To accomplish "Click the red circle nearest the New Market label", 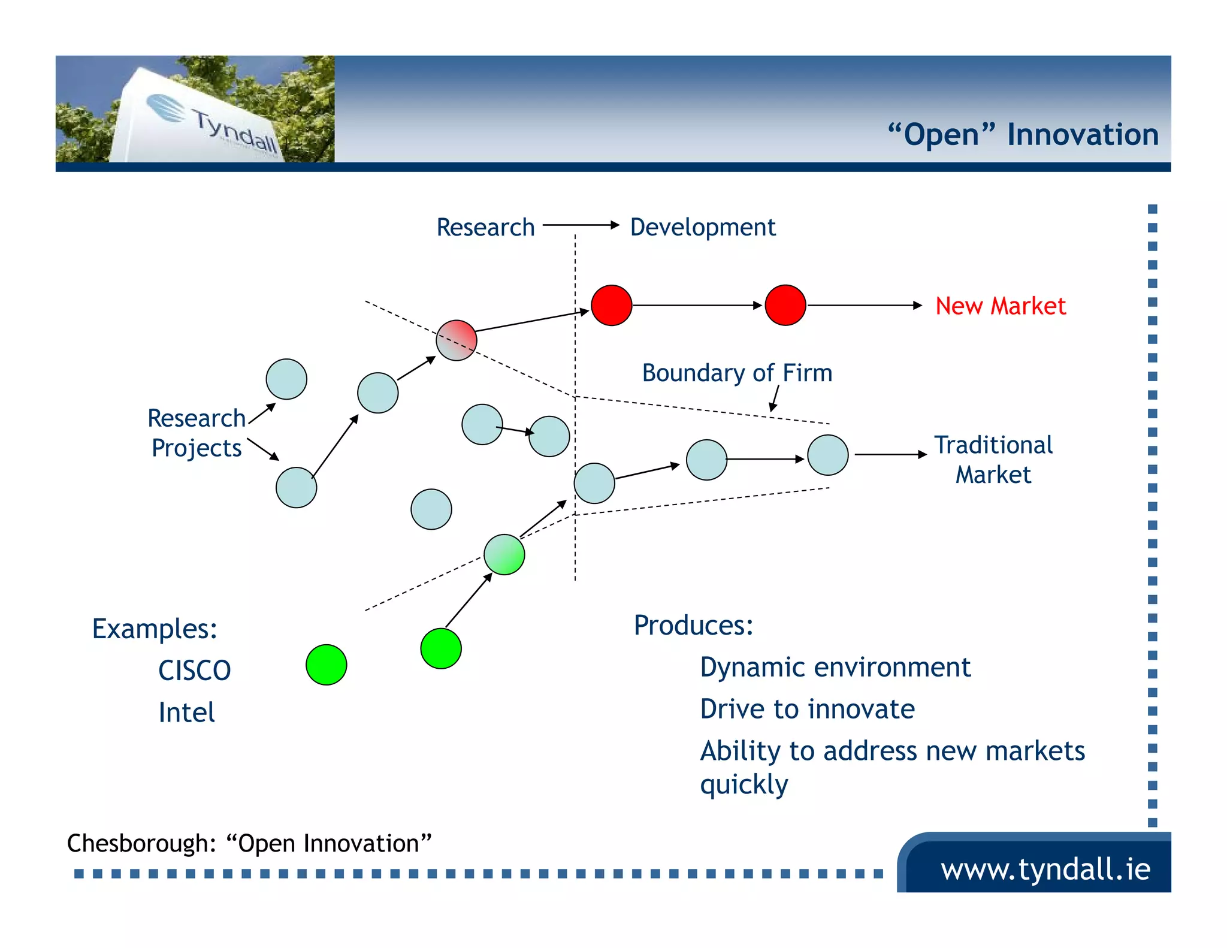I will pyautogui.click(x=785, y=305).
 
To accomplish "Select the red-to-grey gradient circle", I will pyautogui.click(x=457, y=340).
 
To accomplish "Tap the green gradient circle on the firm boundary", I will pyautogui.click(x=504, y=554).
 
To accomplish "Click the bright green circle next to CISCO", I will pyautogui.click(x=326, y=665).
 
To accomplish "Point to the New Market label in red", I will pyautogui.click(x=1001, y=306).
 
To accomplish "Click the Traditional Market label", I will pyautogui.click(x=993, y=460).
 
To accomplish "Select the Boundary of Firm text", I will pyautogui.click(x=737, y=373).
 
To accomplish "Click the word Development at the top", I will pyautogui.click(x=703, y=227).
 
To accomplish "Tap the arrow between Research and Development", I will pyautogui.click(x=581, y=225).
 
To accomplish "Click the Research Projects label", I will pyautogui.click(x=197, y=433).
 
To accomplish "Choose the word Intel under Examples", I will pyautogui.click(x=186, y=712).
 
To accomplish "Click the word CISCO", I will pyautogui.click(x=195, y=671).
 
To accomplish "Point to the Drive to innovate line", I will pyautogui.click(x=807, y=710).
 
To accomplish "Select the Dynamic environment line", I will pyautogui.click(x=835, y=668).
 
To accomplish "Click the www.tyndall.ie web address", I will pyautogui.click(x=1045, y=869).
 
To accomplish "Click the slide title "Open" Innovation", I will pyautogui.click(x=1023, y=134).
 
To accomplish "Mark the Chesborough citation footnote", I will pyautogui.click(x=249, y=843).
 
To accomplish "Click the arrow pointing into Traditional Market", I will pyautogui.click(x=890, y=455).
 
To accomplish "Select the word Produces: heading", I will pyautogui.click(x=693, y=626).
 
